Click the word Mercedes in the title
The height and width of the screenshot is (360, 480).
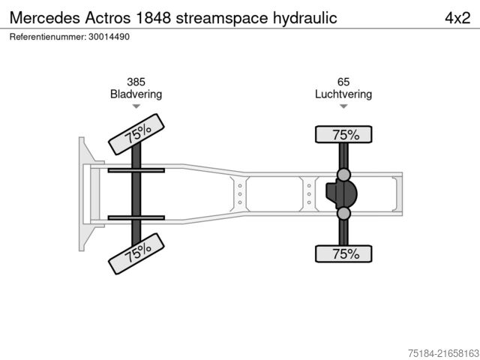44,17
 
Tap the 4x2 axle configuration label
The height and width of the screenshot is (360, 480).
456,17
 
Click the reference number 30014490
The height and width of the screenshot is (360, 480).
109,36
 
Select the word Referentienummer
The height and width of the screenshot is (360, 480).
47,36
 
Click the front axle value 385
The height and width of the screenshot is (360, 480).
136,82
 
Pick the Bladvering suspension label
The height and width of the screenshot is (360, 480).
136,94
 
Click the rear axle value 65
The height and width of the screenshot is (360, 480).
343,82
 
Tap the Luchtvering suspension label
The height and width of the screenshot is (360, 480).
343,94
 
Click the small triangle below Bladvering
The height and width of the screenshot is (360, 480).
136,106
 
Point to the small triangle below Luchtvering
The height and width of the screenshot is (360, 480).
343,106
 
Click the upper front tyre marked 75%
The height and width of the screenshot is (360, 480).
137,134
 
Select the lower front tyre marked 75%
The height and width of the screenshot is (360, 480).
137,253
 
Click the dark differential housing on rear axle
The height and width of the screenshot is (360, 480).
343,194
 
